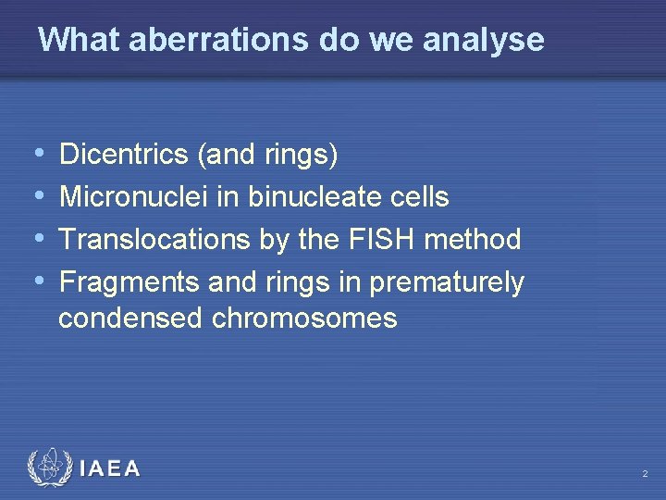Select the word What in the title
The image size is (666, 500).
click(78, 40)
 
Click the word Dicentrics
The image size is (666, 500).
click(124, 155)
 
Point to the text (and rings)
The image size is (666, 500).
click(267, 155)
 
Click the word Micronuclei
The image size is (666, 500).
click(133, 196)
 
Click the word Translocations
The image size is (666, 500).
click(154, 240)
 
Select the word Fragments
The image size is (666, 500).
click(129, 281)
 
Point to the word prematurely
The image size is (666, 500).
click(447, 282)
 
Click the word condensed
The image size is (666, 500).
click(130, 319)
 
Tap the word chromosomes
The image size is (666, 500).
click(304, 319)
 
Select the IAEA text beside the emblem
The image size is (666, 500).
click(110, 469)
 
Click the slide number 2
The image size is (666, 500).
click(645, 474)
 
